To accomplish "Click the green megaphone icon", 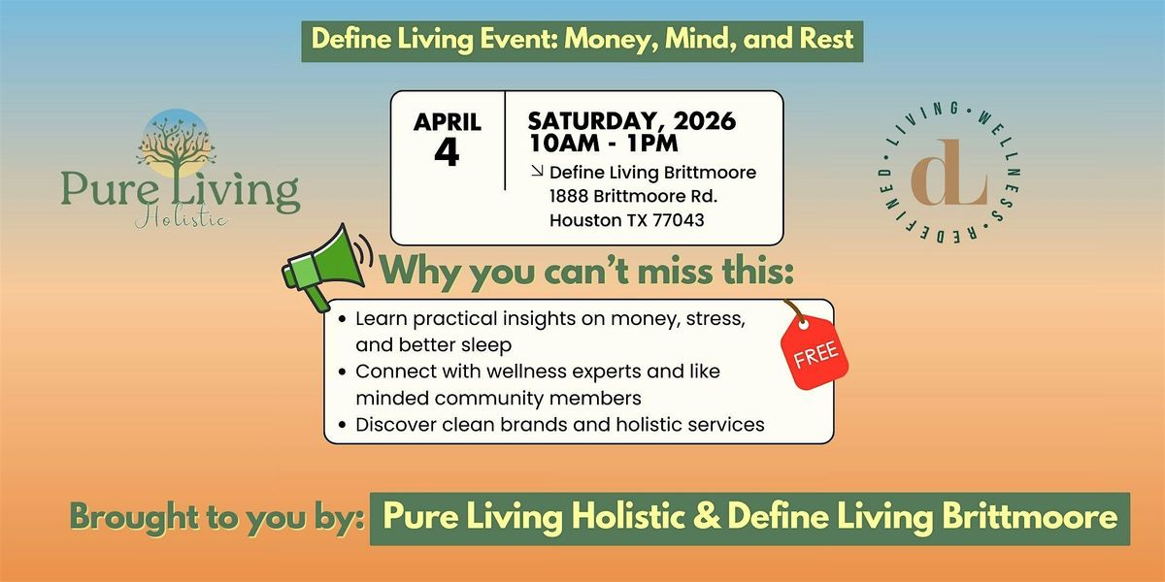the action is (x=326, y=267).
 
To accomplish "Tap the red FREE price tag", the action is (x=815, y=351).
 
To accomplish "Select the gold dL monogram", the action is (x=949, y=172).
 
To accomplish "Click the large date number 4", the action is (x=447, y=153).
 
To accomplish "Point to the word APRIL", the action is (x=448, y=122).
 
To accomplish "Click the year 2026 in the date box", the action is (x=705, y=121).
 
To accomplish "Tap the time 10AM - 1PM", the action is (x=603, y=144).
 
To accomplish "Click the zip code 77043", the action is (x=679, y=220).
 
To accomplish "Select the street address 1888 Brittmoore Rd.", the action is (x=633, y=196).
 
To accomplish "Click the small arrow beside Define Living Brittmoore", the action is (x=537, y=171).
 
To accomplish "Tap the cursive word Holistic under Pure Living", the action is (x=181, y=217).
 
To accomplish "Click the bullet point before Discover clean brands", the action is (x=342, y=425).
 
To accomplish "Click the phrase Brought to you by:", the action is (x=216, y=518).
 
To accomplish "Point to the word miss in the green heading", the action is (x=675, y=271).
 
